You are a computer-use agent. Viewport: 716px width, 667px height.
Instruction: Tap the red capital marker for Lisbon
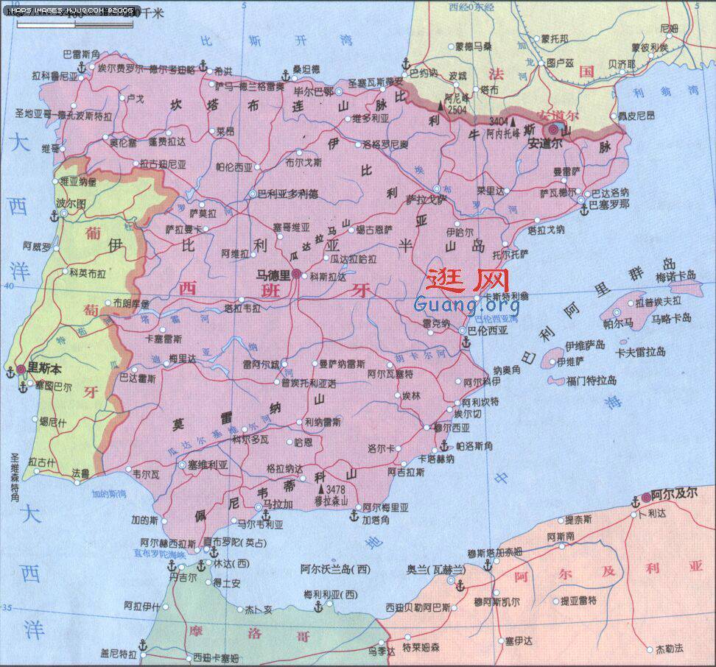click(22, 369)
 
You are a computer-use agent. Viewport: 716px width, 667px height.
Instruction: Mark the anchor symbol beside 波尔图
click(53, 216)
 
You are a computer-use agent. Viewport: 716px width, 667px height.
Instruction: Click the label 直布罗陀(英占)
click(233, 542)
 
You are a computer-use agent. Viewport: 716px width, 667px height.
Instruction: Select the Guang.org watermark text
click(467, 303)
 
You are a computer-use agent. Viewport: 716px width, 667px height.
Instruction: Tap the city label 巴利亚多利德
click(287, 194)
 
